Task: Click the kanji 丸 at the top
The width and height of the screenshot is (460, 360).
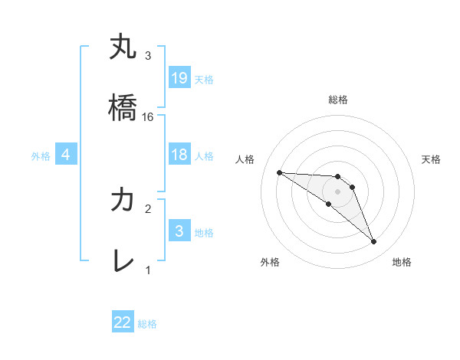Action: point(123,47)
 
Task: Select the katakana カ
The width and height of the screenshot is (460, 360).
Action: point(123,201)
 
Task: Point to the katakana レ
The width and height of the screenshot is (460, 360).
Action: point(123,261)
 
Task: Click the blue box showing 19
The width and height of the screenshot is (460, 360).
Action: point(179,78)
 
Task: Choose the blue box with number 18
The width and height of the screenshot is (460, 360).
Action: point(179,155)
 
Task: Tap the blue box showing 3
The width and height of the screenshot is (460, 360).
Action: point(179,231)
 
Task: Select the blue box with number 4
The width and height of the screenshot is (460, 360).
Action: point(66,155)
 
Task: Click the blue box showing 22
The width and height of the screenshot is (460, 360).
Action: point(123,322)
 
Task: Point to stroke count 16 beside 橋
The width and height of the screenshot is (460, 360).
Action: point(149,116)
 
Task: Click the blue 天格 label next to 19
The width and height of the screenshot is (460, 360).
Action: point(203,79)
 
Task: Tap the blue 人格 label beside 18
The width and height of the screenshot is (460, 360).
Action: point(204,156)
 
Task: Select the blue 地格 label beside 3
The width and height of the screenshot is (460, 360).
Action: point(203,232)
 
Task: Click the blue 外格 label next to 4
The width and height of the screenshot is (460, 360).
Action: point(41,156)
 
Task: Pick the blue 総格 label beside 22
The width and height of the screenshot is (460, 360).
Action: point(147,324)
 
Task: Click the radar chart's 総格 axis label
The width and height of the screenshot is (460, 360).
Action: point(338,100)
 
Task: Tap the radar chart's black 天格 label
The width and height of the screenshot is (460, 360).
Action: point(432,159)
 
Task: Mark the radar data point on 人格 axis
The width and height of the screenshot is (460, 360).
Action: point(279,172)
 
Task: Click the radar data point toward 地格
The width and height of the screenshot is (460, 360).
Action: point(373,242)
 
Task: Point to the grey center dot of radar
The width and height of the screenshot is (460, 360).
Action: point(338,191)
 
